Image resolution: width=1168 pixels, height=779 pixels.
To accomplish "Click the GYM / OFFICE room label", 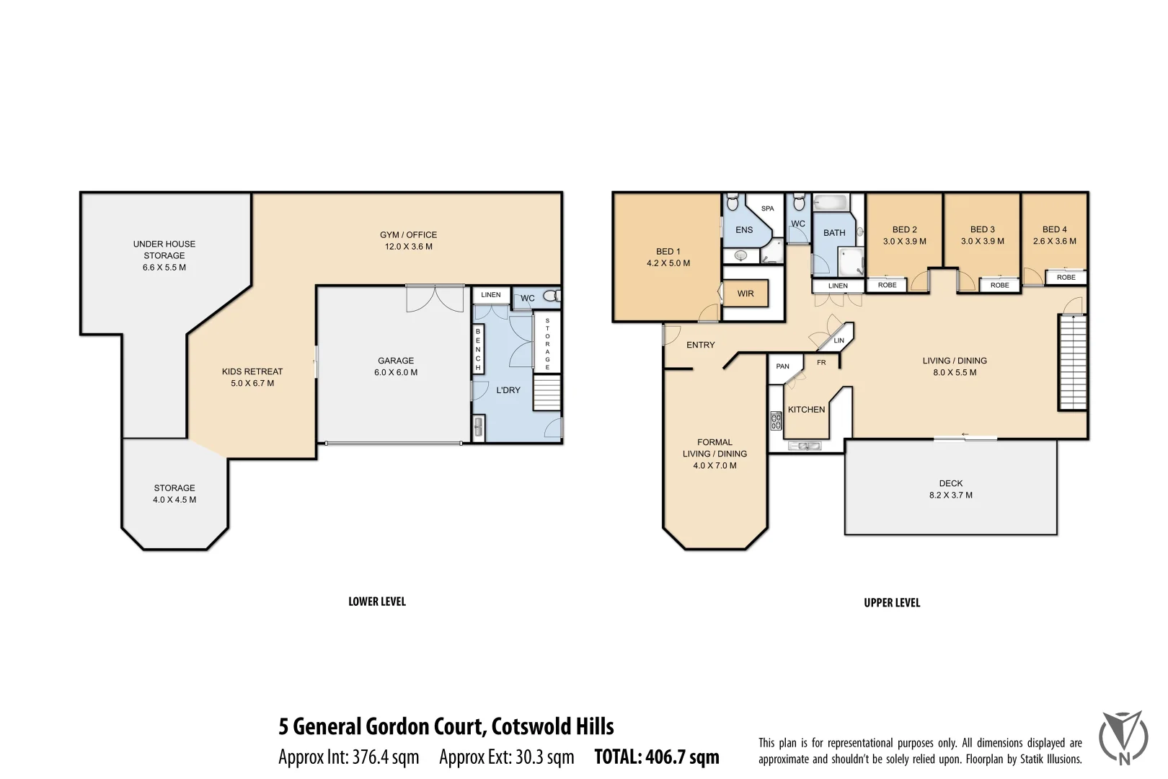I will coord(408,235).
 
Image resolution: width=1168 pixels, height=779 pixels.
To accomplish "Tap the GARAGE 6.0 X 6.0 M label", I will coord(396,366).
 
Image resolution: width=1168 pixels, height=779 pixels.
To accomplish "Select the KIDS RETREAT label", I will coord(252,371).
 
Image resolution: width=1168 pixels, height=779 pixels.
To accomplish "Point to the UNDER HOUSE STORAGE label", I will coord(164,250).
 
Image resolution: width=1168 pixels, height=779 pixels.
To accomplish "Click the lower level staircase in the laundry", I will coord(547,393).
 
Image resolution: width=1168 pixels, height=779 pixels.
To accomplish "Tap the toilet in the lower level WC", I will coord(552,296).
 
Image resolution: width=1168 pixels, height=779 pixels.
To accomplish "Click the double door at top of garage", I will coord(435,298).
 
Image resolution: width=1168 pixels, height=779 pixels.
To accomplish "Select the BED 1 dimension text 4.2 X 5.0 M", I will coord(668,263).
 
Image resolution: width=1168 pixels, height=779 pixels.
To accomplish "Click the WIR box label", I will coord(746,294).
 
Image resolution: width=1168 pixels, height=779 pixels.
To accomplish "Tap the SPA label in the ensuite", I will coord(768,208).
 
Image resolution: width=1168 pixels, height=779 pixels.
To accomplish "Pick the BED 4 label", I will coord(1054,229).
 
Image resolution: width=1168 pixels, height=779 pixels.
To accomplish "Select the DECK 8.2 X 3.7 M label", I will coord(951,489).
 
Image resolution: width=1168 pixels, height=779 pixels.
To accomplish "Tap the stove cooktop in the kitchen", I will coord(776,421).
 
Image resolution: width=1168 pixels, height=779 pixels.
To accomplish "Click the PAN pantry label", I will coord(783,366).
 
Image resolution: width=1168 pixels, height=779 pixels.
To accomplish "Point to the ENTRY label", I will coord(701,345).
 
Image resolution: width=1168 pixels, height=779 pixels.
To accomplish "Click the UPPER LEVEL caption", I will coord(892,602).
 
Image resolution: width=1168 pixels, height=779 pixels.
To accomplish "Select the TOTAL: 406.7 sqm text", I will coord(657,757).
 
